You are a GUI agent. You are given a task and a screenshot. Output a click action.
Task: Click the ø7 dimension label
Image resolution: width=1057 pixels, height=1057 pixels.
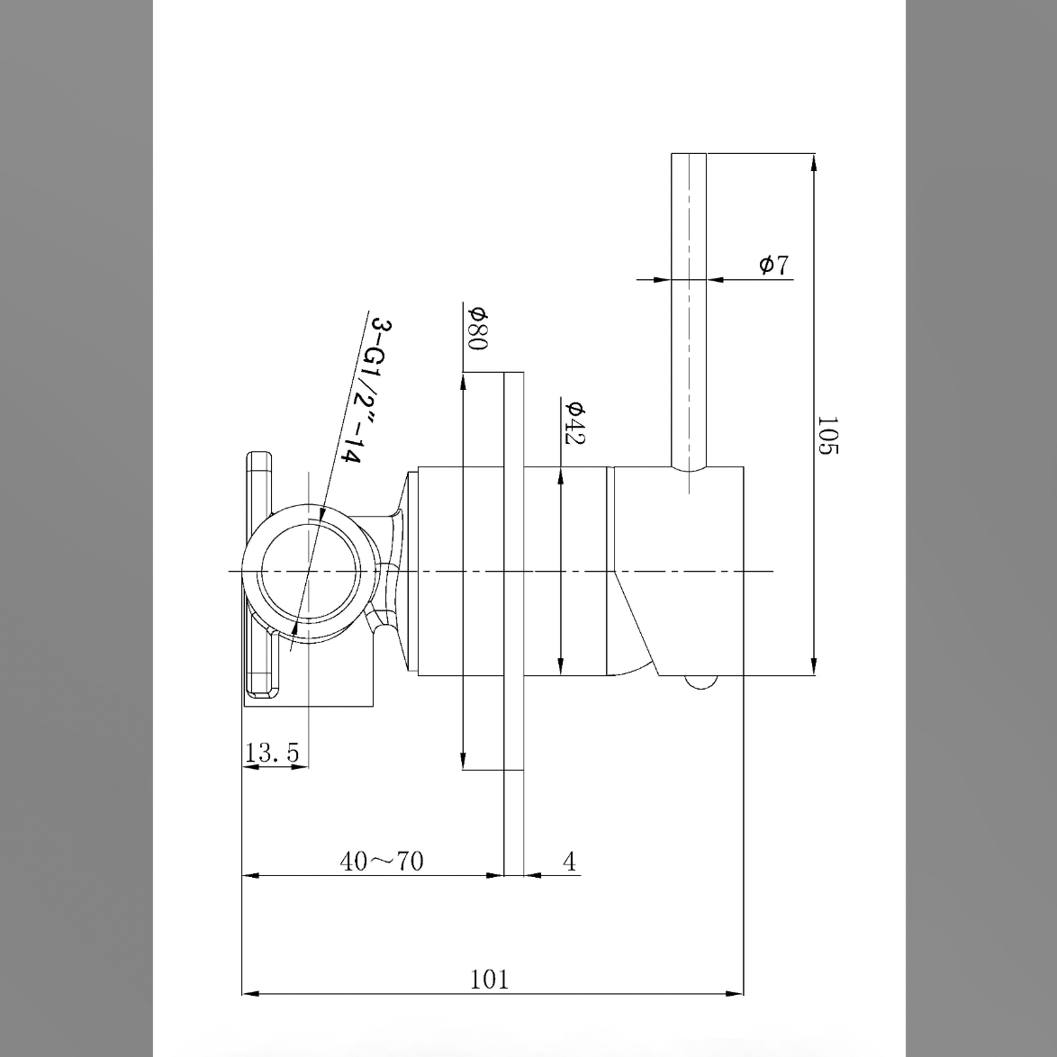click(x=773, y=265)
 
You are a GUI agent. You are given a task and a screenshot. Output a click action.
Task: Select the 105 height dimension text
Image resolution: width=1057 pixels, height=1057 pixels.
click(x=827, y=435)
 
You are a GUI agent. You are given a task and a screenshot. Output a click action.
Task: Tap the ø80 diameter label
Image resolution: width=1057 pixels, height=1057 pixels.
click(x=477, y=329)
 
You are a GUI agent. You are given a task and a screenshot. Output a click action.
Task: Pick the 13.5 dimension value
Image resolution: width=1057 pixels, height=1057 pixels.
click(x=272, y=753)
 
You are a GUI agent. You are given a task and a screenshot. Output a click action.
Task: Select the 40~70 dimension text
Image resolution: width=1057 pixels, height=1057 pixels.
click(x=381, y=862)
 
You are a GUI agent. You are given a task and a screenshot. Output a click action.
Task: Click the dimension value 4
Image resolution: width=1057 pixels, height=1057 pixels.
click(x=569, y=862)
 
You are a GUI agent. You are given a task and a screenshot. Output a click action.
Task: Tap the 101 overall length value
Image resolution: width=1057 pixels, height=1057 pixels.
click(x=490, y=980)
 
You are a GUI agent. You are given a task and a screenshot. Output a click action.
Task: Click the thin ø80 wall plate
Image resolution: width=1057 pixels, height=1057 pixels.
click(x=513, y=621)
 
